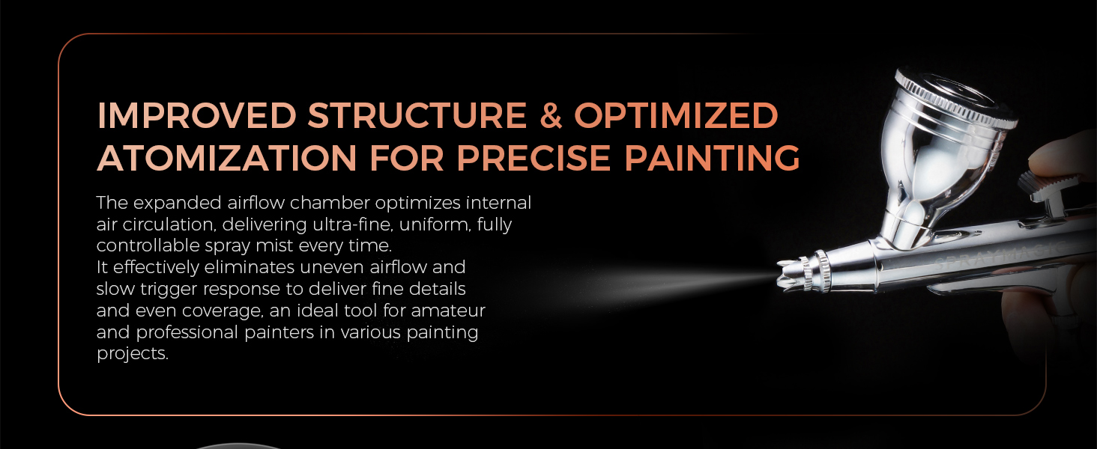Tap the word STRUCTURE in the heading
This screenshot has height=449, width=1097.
click(417, 115)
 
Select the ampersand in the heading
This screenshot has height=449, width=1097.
click(551, 115)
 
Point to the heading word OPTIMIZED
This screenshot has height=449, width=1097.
click(676, 115)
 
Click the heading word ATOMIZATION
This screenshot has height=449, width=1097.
click(227, 158)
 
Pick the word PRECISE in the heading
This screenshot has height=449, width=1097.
click(534, 158)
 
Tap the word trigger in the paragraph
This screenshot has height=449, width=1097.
click(169, 289)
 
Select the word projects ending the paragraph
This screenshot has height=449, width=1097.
click(132, 354)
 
